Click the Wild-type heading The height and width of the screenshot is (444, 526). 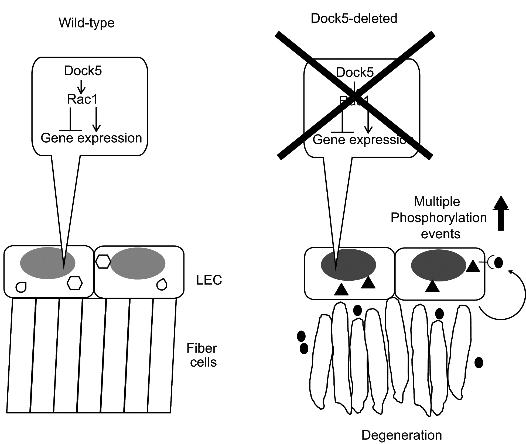point(87,23)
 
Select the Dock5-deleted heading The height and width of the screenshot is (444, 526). point(354,19)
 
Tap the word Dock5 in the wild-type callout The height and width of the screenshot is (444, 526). point(83,71)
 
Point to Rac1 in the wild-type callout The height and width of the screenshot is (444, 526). point(82,99)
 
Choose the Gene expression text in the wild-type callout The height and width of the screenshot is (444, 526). point(91,138)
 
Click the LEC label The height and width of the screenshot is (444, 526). point(209,280)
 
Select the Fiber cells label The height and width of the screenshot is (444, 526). point(202,355)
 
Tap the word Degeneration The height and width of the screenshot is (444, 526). point(401,435)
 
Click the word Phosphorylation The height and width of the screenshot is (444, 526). point(439,218)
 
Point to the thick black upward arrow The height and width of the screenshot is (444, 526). point(501,213)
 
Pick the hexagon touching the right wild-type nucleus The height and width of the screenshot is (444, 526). point(103,261)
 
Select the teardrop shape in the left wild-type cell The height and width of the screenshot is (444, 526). point(21,287)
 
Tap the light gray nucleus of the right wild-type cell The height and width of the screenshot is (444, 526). point(138,263)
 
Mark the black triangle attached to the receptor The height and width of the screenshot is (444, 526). point(473,266)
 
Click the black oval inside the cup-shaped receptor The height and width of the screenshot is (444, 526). point(498,263)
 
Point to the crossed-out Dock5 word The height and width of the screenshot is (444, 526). point(355,73)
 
